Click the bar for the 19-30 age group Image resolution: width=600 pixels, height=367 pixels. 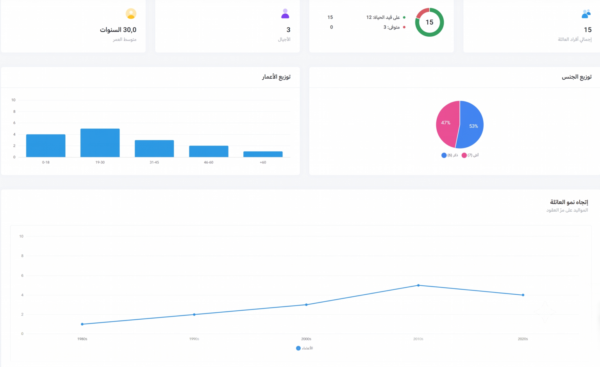(x=100, y=143)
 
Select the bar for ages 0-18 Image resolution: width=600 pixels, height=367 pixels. (x=46, y=145)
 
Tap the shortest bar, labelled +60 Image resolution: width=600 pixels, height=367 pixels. (x=263, y=154)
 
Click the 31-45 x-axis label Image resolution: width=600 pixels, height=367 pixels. (x=154, y=162)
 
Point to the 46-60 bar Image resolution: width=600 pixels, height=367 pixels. (x=209, y=152)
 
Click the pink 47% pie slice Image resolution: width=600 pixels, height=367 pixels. (x=446, y=124)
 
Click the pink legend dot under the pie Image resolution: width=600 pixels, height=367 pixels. (x=464, y=155)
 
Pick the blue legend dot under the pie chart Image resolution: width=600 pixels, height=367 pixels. (x=444, y=155)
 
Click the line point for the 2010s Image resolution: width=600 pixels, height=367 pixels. (x=418, y=285)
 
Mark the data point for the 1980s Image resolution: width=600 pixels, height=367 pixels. (x=82, y=324)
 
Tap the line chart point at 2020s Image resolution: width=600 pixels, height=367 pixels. (x=523, y=295)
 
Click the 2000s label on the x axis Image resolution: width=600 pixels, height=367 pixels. (x=306, y=339)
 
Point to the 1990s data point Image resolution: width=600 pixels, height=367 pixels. (x=194, y=315)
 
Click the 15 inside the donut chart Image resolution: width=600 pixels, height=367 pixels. (x=429, y=22)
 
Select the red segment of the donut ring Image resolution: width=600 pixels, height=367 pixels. (x=421, y=12)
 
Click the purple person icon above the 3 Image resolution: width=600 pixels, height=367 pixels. (x=285, y=13)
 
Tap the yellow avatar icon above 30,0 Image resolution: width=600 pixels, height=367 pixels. (x=131, y=13)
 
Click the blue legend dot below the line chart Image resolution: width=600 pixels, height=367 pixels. (x=298, y=348)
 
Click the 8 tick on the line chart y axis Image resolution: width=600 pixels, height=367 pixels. (x=22, y=256)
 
